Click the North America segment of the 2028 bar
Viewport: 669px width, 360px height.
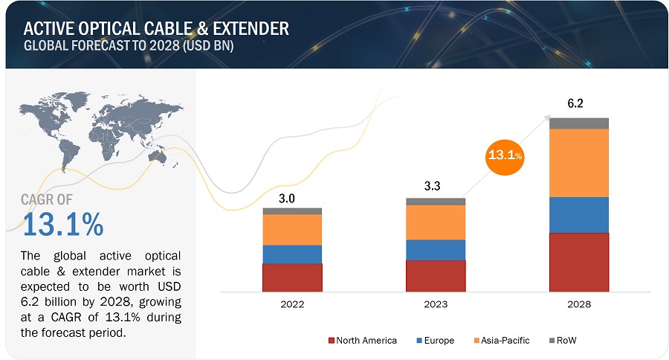point(579,262)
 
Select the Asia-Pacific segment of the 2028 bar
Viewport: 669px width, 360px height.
point(579,163)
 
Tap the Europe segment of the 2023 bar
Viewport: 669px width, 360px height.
point(436,250)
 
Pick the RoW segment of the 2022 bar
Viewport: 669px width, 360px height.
point(292,211)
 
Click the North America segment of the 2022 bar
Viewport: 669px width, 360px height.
point(292,277)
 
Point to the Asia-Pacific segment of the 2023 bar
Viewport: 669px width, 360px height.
point(436,222)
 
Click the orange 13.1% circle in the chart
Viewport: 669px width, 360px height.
point(505,156)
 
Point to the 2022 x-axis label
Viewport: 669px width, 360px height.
point(292,304)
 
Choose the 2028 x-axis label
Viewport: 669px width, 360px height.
point(579,304)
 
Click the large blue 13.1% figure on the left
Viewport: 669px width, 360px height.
point(64,222)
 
